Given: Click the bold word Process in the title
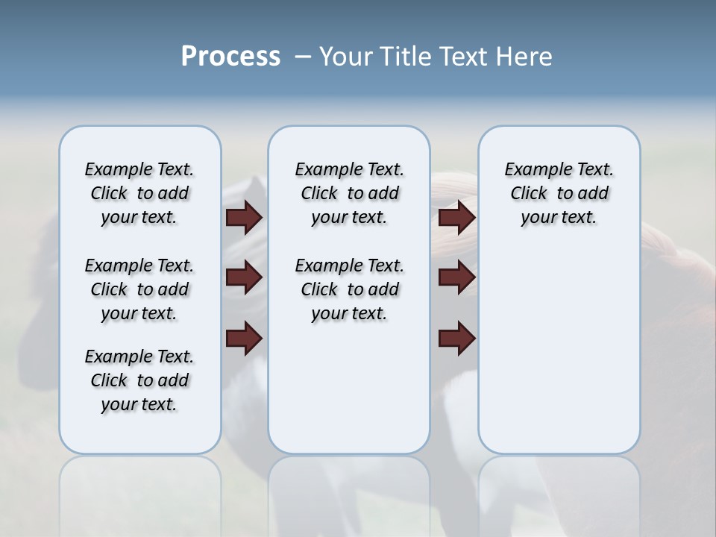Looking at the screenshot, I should point(230,57).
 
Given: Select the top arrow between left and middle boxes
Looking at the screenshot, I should point(244,217).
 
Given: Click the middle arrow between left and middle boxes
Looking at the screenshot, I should point(244,277).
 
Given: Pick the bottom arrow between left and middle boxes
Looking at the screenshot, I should point(244,338).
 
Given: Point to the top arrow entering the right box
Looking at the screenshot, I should point(457,217).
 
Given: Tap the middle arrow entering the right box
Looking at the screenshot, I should point(457,277).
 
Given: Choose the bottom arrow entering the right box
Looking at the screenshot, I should point(457,338).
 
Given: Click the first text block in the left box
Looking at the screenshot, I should point(139,193).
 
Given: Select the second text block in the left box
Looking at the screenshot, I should point(139,289).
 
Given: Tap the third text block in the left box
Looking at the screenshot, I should point(139,380).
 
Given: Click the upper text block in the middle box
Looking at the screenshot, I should point(349,193).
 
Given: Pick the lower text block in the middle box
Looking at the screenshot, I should point(349,289).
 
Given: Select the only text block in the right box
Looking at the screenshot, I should point(559,193).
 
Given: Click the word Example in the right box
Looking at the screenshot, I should point(533,170).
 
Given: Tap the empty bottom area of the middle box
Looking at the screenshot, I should point(349,395).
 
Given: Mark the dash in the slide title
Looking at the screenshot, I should point(303,57).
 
